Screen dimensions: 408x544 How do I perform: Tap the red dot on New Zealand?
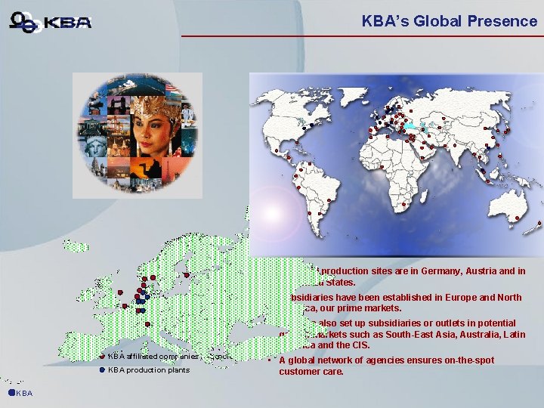[538, 224]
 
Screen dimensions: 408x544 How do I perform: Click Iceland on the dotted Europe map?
[76, 246]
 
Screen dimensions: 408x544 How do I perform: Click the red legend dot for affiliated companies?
[102, 356]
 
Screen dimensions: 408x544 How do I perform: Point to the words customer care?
[311, 372]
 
